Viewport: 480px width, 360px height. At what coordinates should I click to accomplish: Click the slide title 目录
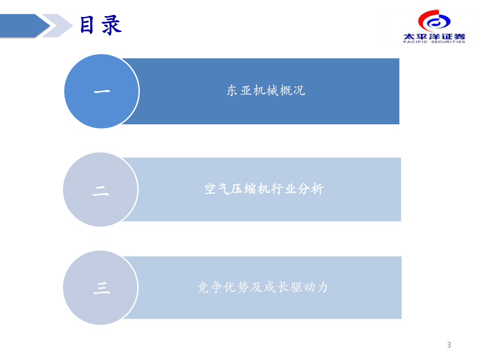tap(100, 25)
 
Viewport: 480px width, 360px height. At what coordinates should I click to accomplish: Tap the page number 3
tap(449, 345)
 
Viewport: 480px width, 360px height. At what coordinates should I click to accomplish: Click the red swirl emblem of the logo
tap(434, 21)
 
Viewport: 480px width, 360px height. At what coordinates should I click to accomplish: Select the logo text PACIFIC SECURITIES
tap(434, 42)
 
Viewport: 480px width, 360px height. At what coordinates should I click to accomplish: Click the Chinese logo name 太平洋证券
tap(434, 36)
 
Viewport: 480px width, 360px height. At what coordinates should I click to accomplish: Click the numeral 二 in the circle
tap(101, 190)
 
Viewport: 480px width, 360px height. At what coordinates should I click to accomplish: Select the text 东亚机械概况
tap(266, 91)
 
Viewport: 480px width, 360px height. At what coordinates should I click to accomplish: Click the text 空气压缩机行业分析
tap(264, 189)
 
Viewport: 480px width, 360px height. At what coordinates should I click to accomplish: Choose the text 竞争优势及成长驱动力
tap(262, 287)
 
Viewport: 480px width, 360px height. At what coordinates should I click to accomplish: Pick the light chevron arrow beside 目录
tap(56, 25)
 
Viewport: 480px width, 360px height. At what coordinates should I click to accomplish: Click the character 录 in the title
tap(111, 25)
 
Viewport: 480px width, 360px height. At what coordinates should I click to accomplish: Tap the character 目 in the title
tap(88, 25)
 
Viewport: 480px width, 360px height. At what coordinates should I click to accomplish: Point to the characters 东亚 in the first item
tap(240, 91)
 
